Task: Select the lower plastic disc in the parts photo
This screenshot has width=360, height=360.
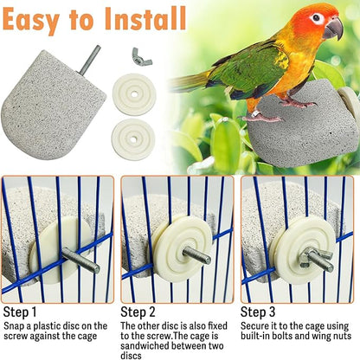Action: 135,137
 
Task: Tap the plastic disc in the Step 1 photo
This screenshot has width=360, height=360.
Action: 52,252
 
